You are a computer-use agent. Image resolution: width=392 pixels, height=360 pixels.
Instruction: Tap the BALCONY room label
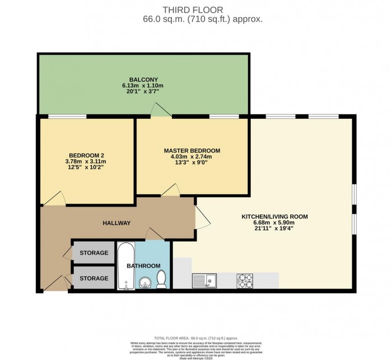coord(139,79)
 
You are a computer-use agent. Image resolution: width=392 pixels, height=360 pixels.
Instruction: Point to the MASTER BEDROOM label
coord(192,151)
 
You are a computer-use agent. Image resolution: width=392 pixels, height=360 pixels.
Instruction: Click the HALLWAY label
coord(116,223)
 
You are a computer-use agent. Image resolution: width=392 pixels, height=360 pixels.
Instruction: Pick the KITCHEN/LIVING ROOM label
coord(274,216)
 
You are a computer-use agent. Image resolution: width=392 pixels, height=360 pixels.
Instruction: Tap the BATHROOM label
coord(143,265)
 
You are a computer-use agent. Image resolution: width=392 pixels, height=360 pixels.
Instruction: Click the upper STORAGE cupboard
coord(94,253)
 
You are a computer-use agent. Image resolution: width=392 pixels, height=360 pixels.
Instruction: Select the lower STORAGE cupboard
coord(94,278)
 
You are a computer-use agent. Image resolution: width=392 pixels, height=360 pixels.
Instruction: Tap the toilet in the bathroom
coord(161,278)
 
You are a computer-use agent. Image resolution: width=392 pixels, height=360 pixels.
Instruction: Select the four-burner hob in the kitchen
coord(245,279)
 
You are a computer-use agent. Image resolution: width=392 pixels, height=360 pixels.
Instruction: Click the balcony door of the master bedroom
coord(162,111)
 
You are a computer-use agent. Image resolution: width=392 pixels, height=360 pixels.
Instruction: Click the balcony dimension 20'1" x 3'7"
coord(139,92)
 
